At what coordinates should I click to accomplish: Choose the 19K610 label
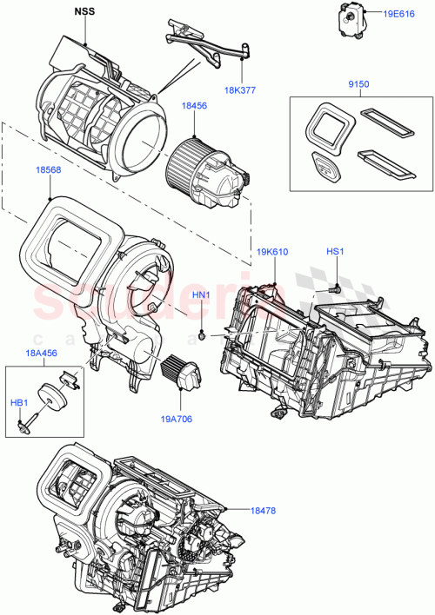(x=273, y=252)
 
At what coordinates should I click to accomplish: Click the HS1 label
(x=335, y=252)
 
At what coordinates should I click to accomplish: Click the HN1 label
(x=202, y=295)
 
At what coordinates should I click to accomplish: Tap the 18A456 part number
(x=42, y=354)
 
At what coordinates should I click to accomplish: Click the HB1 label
(x=18, y=402)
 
